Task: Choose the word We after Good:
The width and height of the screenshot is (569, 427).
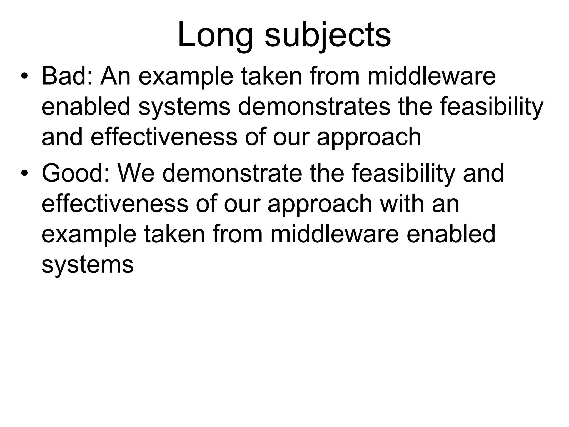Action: [136, 173]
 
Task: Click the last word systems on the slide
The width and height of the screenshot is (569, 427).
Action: [88, 265]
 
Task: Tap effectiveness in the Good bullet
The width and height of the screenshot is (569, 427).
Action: [115, 203]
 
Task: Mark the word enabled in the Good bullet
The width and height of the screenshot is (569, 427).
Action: [451, 234]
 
